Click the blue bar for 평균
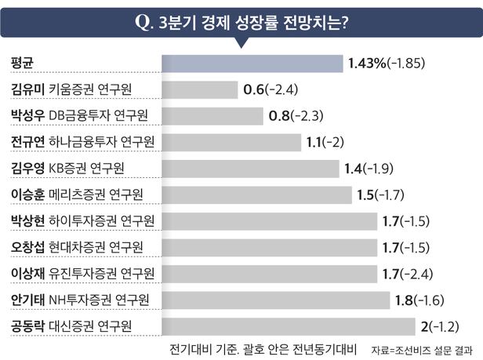[x=252, y=63]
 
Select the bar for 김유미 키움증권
[x=199, y=89]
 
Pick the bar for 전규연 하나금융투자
[x=231, y=142]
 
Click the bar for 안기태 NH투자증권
[x=275, y=300]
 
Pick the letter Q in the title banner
[x=143, y=21]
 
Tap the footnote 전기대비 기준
[x=205, y=347]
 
